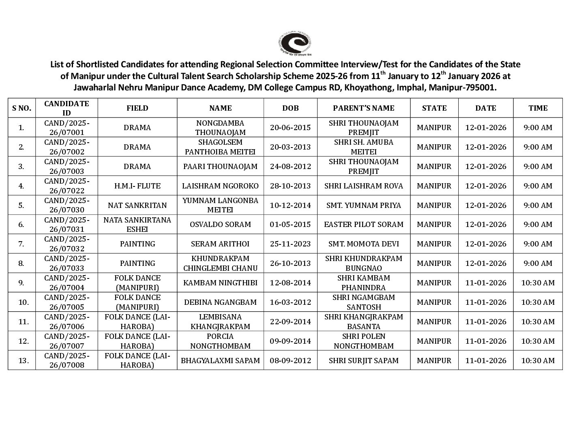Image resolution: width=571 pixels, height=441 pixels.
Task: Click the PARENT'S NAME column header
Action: [x=363, y=108]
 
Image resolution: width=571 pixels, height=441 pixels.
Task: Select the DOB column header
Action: [x=290, y=108]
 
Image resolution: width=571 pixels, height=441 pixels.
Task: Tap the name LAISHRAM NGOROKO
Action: [x=220, y=186]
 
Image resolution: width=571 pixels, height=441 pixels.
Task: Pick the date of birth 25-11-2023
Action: [x=290, y=244]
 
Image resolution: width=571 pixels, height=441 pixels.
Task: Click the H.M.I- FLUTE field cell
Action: [x=137, y=186]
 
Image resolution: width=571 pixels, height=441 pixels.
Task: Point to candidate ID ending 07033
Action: [x=67, y=263]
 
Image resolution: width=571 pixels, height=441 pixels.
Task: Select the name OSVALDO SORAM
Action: [x=220, y=225]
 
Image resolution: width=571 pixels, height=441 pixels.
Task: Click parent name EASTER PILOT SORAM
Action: [x=363, y=225]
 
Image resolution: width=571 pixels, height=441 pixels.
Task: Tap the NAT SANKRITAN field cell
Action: [x=137, y=206]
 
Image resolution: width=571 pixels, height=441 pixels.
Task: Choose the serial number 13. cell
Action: [x=21, y=361]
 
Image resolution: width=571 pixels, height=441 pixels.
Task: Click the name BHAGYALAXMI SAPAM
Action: [x=220, y=361]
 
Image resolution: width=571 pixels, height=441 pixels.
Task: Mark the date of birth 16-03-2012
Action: [x=290, y=302]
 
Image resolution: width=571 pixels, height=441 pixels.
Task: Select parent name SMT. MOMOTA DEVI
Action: [x=363, y=244]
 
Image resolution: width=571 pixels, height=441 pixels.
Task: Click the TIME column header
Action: [x=538, y=108]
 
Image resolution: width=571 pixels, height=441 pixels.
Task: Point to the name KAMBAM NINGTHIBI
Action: [x=220, y=283]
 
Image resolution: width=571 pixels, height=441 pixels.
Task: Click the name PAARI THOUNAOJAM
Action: [x=220, y=167]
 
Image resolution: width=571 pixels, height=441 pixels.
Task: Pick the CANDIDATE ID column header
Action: [x=67, y=108]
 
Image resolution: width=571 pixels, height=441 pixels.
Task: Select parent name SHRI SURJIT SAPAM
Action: [x=363, y=361]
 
